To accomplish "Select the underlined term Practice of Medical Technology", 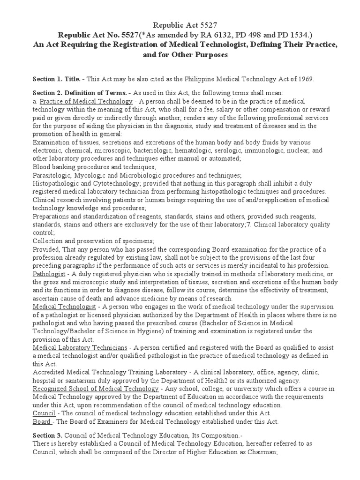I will [x=86, y=101].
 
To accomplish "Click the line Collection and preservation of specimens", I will [x=93, y=240].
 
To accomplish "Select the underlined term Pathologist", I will [x=49, y=274].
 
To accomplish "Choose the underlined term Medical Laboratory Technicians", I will [x=80, y=348].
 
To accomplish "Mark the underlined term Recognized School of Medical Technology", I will [x=96, y=389].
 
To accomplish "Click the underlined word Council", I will [x=44, y=413].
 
